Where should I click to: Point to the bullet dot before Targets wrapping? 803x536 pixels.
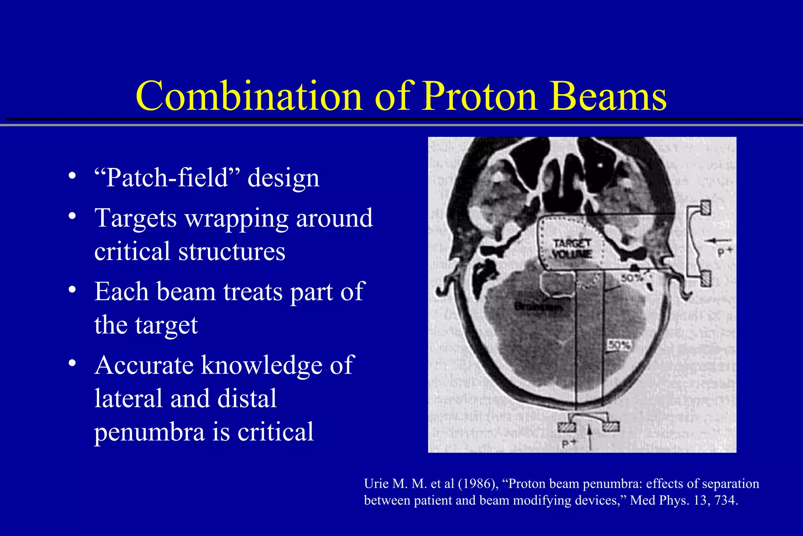(71, 217)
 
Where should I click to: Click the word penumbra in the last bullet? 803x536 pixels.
(149, 432)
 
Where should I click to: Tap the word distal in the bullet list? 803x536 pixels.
(247, 398)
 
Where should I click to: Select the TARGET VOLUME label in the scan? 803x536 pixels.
(572, 249)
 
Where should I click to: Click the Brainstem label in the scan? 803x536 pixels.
(538, 306)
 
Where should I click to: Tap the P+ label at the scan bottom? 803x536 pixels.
(569, 444)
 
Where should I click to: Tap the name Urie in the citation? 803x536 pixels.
(376, 484)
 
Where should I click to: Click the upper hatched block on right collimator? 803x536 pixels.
(705, 208)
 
